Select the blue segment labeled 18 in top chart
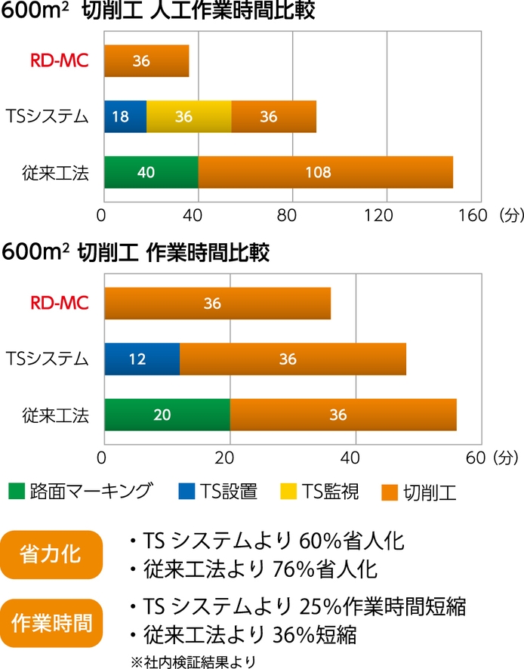pyautogui.click(x=125, y=116)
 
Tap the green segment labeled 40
pyautogui.click(x=151, y=172)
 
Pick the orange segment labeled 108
pyautogui.click(x=325, y=172)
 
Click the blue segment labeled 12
pyautogui.click(x=142, y=359)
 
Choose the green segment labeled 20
pyautogui.click(x=167, y=415)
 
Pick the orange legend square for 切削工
pyautogui.click(x=388, y=492)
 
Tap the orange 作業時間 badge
pyautogui.click(x=51, y=623)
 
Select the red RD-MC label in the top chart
pyautogui.click(x=59, y=61)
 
